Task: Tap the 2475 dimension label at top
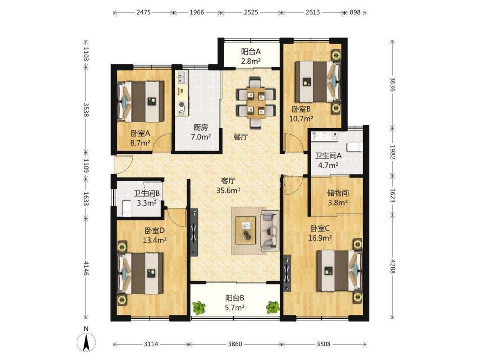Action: point(143,12)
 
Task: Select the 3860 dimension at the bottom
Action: point(235,344)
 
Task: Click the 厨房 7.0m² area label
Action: point(201,132)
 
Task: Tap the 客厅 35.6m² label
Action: point(228,186)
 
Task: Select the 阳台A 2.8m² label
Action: point(251,56)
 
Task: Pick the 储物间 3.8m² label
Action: point(337,198)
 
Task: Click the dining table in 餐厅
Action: point(256,102)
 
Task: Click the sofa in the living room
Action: point(270,231)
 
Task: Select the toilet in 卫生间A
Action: point(355,147)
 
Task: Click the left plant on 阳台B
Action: point(199,308)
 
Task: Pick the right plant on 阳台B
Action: point(273,307)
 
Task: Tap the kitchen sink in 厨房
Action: point(182,78)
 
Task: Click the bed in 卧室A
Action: point(141,101)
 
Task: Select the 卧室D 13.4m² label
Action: point(154,235)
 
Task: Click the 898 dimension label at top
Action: point(355,12)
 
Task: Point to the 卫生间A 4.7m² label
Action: point(328,160)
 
